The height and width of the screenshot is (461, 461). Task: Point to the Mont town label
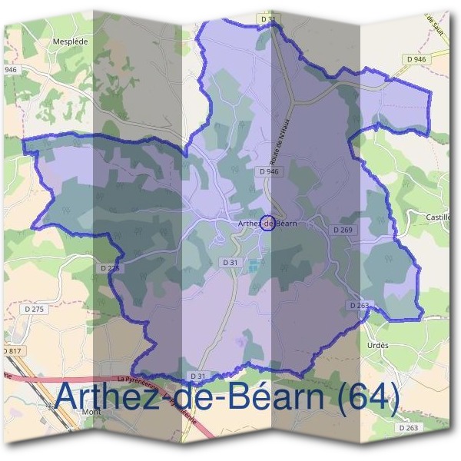click(x=91, y=411)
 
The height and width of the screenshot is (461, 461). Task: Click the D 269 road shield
click(x=342, y=230)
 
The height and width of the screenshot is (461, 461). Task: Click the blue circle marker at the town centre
click(x=267, y=223)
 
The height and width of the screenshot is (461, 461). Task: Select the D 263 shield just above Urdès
click(x=360, y=305)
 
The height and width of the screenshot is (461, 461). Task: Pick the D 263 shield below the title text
click(x=407, y=427)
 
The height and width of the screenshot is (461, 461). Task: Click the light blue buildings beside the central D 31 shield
click(x=253, y=266)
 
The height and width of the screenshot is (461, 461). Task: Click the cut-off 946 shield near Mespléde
click(x=9, y=70)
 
